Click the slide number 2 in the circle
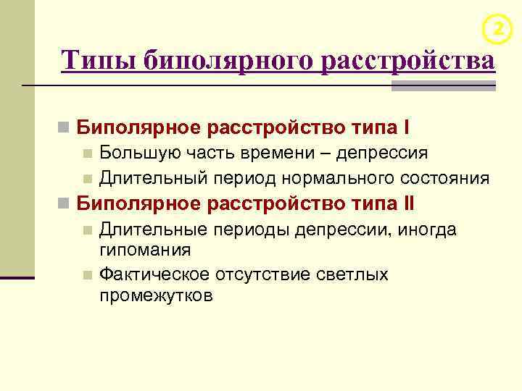point(497,28)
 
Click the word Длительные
point(152,230)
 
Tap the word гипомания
point(146,251)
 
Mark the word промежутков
point(157,295)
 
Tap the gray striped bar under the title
point(444,86)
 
